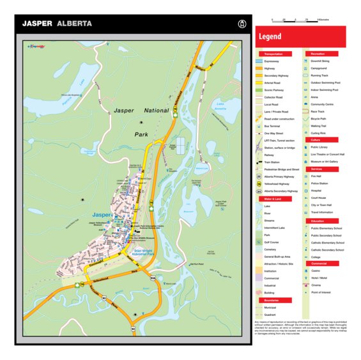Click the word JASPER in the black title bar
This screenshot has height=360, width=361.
pos(38,24)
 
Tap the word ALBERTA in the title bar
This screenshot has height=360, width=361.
pos(74,24)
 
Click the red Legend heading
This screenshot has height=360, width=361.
pos(270,37)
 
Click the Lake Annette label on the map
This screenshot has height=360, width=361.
pos(221,106)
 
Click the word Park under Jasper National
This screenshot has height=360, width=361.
pos(141,135)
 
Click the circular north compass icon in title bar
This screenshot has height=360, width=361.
pos(242,24)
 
